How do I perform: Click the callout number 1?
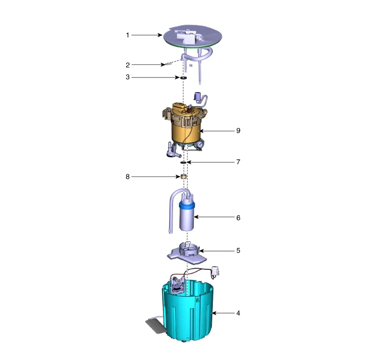coord(127,35)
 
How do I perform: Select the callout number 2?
coord(128,65)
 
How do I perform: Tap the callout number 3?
coord(128,77)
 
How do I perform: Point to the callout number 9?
coord(238,130)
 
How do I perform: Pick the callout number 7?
coord(238,162)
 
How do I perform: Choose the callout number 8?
coord(128,177)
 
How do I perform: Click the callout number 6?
coord(238,217)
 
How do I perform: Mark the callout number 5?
coord(238,250)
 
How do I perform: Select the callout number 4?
coord(238,313)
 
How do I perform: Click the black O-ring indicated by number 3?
coord(184,77)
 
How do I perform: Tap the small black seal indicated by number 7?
coord(184,163)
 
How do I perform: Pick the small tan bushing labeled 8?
coord(184,177)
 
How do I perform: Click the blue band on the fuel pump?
coord(187,205)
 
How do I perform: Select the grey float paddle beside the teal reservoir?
coord(154,325)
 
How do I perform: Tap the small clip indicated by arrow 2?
coord(167,64)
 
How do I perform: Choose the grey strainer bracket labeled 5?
coord(187,254)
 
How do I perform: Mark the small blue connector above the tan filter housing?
coord(197,96)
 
